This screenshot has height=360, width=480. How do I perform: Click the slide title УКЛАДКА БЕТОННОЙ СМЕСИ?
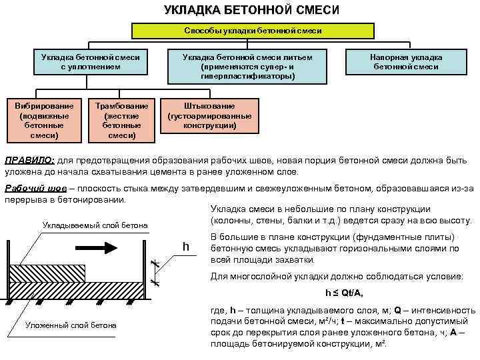pyautogui.click(x=251, y=11)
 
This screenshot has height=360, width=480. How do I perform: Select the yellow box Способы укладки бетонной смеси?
pyautogui.click(x=253, y=31)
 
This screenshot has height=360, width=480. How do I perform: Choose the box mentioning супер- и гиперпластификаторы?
pyautogui.click(x=247, y=67)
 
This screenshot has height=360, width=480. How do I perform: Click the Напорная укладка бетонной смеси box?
pyautogui.click(x=407, y=62)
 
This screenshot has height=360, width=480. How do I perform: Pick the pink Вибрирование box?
pyautogui.click(x=44, y=120)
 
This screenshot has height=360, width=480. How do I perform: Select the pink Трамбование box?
pyautogui.click(x=122, y=120)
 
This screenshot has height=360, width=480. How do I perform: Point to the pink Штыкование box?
pyautogui.click(x=209, y=115)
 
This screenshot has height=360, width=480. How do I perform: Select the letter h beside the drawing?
pyautogui.click(x=187, y=247)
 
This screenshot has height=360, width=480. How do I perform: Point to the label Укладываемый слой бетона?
pyautogui.click(x=95, y=225)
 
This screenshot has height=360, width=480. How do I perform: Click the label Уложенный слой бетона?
pyautogui.click(x=70, y=325)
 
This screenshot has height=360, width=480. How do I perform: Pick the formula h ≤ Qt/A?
pyautogui.click(x=344, y=293)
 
